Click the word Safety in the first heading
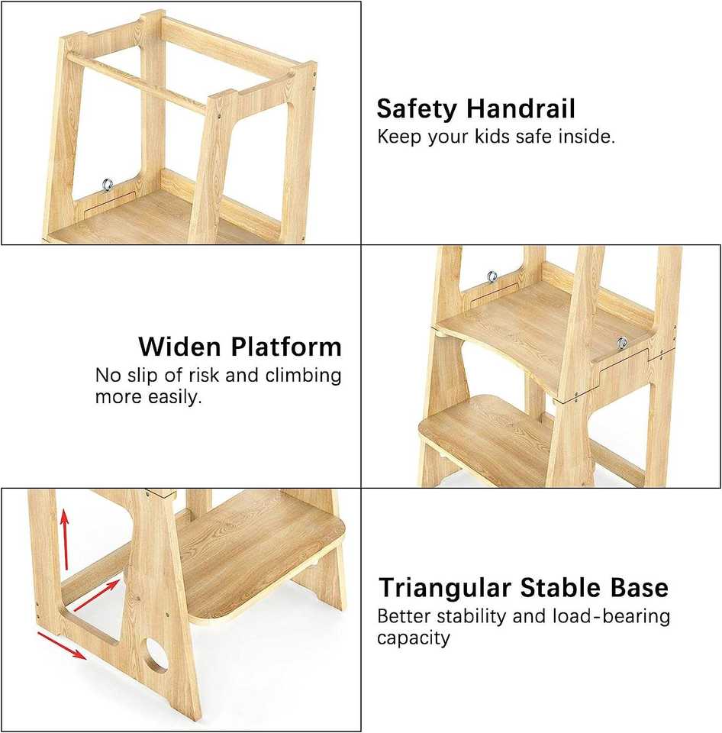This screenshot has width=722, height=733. (417, 109)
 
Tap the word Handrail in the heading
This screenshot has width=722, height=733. (521, 108)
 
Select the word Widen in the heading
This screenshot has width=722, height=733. (179, 347)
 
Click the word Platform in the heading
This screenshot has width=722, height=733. (286, 347)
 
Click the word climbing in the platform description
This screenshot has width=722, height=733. (303, 376)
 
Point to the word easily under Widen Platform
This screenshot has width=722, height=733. (175, 397)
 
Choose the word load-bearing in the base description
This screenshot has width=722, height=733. (611, 617)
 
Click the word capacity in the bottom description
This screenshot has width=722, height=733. (414, 638)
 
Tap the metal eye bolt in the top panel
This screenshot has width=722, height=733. (108, 185)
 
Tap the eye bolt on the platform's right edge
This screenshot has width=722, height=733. (621, 343)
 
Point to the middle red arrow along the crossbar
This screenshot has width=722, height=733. (97, 595)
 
